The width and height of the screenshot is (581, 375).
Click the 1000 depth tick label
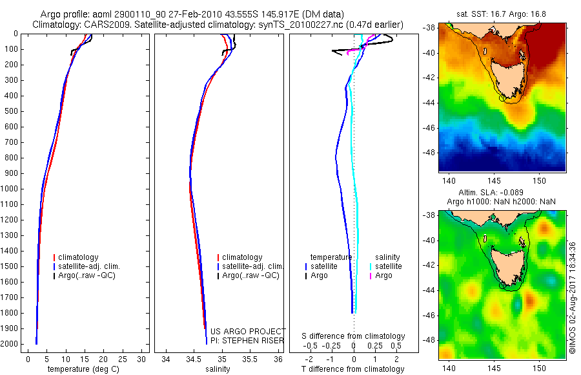[9, 189]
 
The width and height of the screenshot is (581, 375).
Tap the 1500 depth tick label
[9, 266]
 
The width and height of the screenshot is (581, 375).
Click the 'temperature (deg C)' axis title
[84, 369]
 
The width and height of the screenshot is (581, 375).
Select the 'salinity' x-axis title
[218, 369]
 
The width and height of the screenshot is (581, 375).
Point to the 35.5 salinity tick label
[250, 359]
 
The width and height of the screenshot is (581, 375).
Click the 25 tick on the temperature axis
[122, 359]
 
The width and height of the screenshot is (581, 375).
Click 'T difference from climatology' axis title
[352, 369]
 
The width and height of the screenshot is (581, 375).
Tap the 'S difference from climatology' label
[353, 336]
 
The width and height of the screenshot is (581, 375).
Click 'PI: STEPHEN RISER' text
[247, 341]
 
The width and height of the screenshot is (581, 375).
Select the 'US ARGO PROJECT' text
[248, 331]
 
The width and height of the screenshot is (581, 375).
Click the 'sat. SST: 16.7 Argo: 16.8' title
[502, 14]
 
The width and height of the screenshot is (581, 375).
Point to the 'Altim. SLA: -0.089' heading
[491, 192]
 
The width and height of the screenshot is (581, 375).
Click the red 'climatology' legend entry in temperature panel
[76, 257]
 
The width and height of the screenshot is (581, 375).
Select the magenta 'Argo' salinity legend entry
[380, 275]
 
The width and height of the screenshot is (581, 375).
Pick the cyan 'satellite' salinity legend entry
[385, 266]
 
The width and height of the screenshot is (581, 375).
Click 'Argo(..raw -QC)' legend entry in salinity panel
[248, 275]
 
